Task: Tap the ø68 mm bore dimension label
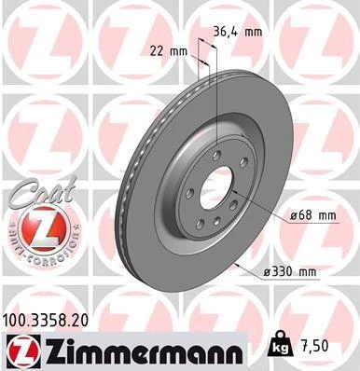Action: pos(312,215)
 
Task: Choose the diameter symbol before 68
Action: pos(294,215)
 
